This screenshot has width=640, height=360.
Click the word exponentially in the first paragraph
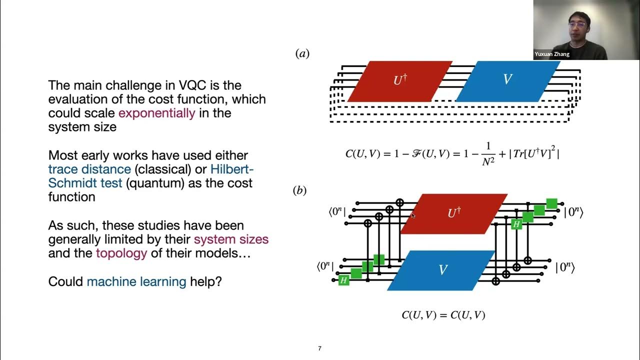click(x=156, y=113)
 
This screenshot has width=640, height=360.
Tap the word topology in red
click(x=121, y=253)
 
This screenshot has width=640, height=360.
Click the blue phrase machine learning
click(x=136, y=282)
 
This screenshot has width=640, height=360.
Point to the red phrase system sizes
click(x=231, y=239)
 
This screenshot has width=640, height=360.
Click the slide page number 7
click(x=319, y=348)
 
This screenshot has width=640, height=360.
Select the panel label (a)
click(x=302, y=53)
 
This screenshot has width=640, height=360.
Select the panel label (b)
click(x=299, y=190)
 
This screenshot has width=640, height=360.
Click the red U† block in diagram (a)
click(x=399, y=81)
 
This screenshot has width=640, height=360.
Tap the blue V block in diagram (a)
click(x=507, y=81)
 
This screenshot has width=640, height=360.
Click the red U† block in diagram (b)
click(x=453, y=213)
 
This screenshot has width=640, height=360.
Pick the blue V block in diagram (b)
click(x=442, y=270)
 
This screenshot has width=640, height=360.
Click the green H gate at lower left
click(x=343, y=280)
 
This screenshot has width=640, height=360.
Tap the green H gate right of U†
click(x=516, y=224)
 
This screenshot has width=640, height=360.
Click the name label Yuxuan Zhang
click(x=552, y=54)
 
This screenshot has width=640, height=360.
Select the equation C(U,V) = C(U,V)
click(x=443, y=315)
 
